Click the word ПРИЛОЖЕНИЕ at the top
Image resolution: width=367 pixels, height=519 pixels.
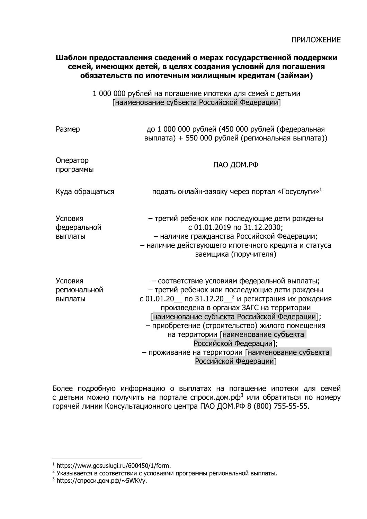click(x=316, y=40)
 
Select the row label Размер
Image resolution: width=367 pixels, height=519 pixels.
click(x=68, y=129)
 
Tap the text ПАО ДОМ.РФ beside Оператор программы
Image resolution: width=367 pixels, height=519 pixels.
click(x=235, y=165)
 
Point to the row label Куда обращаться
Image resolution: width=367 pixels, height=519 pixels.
click(x=85, y=192)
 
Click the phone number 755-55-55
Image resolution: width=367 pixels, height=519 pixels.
click(x=292, y=406)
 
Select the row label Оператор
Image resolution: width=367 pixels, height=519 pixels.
click(x=72, y=161)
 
